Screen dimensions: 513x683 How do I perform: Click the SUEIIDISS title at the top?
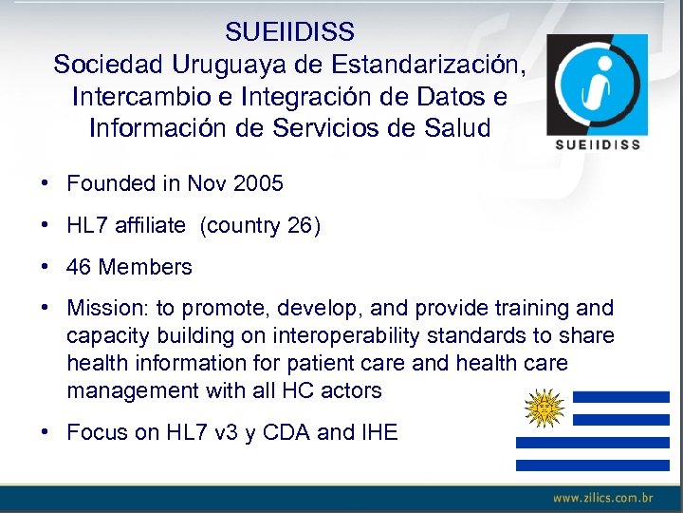click(289, 32)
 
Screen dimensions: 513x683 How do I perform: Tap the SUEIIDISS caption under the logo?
click(597, 145)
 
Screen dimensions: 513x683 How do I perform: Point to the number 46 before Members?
click(79, 267)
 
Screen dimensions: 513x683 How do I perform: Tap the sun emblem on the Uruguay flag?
click(545, 408)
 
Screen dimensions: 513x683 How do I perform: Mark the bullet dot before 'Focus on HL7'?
click(46, 432)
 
